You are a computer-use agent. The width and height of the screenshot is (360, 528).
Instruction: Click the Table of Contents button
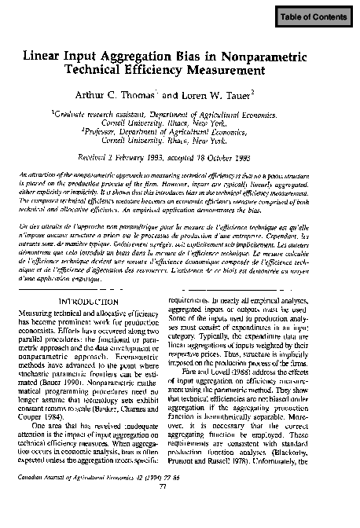[x=314, y=16]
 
